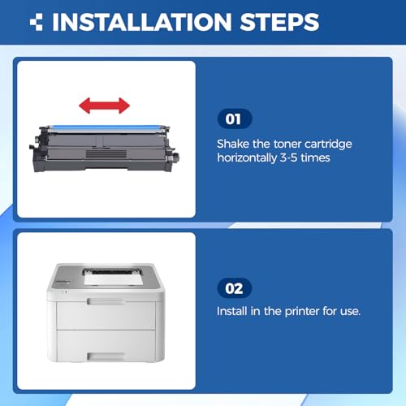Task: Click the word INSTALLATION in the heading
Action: point(142,22)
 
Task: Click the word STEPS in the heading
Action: point(279,22)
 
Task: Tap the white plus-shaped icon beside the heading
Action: point(36,22)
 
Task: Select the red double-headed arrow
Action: point(104,106)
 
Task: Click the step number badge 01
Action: point(235,119)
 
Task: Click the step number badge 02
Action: point(235,288)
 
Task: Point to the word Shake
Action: point(233,144)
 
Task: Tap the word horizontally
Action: point(247,158)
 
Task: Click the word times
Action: point(315,158)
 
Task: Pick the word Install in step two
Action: point(232,311)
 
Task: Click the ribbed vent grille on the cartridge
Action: point(106,154)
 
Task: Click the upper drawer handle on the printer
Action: point(106,301)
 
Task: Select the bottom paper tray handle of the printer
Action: point(106,356)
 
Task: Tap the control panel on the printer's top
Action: point(63,283)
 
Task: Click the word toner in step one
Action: point(287,144)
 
